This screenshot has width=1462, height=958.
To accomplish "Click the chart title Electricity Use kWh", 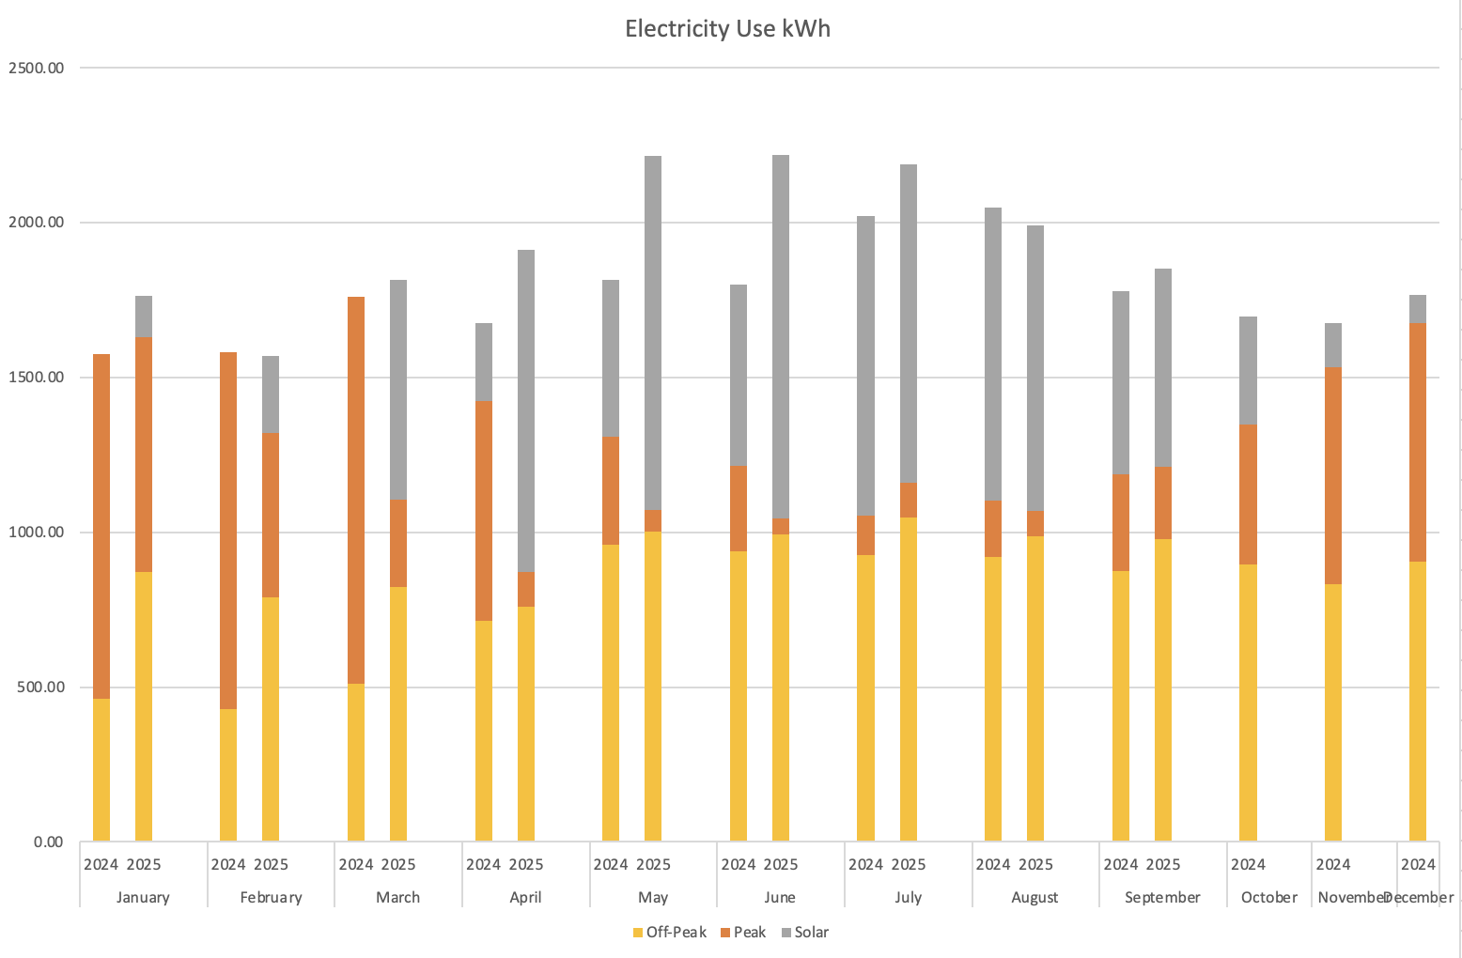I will click(727, 29).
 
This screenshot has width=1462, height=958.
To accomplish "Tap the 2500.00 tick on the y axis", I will click(36, 68).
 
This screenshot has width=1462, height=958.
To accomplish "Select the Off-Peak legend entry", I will click(670, 932).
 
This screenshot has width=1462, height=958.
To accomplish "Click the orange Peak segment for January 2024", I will click(101, 526).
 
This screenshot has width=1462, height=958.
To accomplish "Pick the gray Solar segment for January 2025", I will click(144, 317).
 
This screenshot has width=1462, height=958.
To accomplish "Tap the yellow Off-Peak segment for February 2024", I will click(228, 775).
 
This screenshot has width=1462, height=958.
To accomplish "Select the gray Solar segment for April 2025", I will click(526, 410).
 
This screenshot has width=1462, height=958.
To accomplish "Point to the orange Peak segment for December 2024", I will click(1418, 442).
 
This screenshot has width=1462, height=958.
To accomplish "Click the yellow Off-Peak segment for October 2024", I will click(1248, 703).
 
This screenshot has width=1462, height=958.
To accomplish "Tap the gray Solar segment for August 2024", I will click(993, 354).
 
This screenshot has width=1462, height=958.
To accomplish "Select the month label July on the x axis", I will click(908, 897).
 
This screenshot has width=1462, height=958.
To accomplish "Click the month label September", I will click(1162, 897).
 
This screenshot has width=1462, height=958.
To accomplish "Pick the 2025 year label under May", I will click(653, 864).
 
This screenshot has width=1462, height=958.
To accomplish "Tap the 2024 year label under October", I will click(1248, 864).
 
